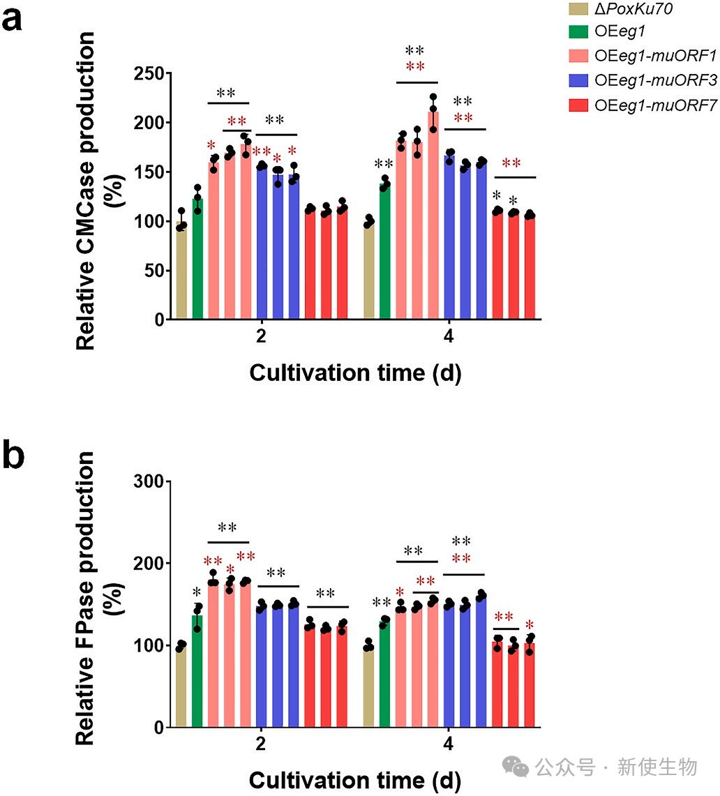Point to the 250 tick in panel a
148,74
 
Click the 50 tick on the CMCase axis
152,271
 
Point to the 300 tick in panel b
148,481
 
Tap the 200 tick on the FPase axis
148,564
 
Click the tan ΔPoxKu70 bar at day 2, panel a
181,272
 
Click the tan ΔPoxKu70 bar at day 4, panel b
368,687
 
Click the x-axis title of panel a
355,373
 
